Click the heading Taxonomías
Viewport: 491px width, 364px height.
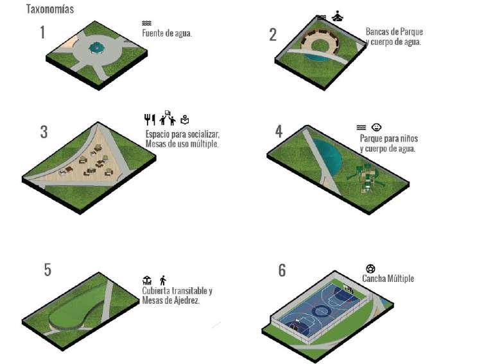[x=50, y=9]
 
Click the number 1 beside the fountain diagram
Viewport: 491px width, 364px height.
[x=42, y=33]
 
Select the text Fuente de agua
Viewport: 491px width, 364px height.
[x=167, y=33]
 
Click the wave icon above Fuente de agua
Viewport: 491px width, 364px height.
[x=146, y=23]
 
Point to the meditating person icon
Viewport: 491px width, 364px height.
[x=337, y=15]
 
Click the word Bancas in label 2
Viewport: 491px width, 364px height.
[x=377, y=32]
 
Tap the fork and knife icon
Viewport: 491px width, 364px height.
[x=150, y=119]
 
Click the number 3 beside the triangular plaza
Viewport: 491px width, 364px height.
[x=44, y=132]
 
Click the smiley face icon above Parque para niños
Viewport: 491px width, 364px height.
[x=376, y=128]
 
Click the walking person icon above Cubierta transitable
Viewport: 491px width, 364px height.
[x=163, y=280]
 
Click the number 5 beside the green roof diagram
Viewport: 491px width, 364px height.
[x=47, y=270]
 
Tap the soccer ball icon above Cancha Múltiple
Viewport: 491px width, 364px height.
[x=370, y=269]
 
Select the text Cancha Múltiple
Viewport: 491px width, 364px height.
[x=388, y=279]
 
